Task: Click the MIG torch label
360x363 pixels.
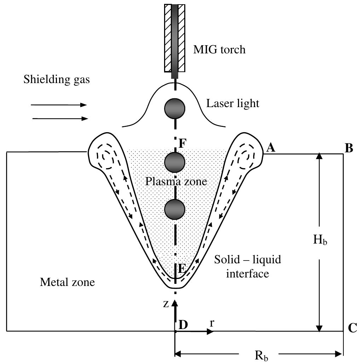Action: tap(219, 49)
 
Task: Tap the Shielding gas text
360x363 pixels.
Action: tap(57, 80)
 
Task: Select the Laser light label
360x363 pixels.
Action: tap(233, 104)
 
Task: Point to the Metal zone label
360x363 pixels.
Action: tap(67, 282)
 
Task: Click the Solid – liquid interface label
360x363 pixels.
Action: tap(248, 267)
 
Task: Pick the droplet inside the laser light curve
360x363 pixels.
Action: tap(175, 109)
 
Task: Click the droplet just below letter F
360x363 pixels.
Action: tap(175, 162)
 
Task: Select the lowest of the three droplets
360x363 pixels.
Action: tap(175, 209)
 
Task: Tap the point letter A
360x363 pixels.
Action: tap(271, 148)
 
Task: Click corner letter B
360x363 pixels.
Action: tap(349, 148)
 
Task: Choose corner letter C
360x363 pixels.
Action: tap(352, 328)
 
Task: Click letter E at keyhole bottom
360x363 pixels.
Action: tap(181, 268)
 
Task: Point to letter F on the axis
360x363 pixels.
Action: tap(183, 144)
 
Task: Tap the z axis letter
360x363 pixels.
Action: tap(166, 304)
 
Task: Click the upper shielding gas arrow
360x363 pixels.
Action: tap(58, 105)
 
